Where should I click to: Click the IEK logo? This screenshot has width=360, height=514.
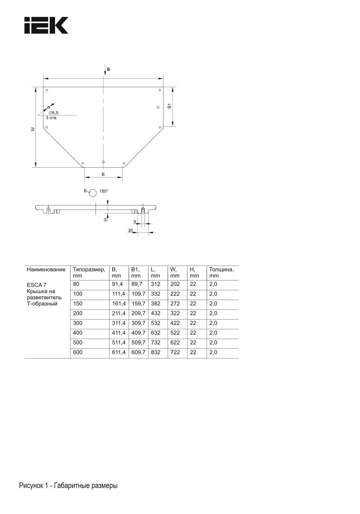tap(46, 25)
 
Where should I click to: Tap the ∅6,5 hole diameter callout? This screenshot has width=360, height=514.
tap(53, 113)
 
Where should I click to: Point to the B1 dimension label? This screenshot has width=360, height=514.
tap(169, 106)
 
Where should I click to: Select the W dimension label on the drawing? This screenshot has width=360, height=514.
tap(33, 129)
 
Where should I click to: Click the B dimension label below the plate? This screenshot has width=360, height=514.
tap(103, 175)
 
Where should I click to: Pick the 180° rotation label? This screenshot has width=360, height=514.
tap(104, 191)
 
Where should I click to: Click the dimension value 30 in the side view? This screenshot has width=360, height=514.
tap(130, 231)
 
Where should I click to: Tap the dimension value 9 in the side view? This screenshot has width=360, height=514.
tap(135, 222)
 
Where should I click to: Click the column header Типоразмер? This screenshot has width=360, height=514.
tap(89, 269)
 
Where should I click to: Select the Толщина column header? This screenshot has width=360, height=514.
tap(221, 269)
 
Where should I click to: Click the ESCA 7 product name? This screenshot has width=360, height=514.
tap(37, 285)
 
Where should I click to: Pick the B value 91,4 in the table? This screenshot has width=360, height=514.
tap(117, 284)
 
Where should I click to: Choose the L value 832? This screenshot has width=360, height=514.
tap(156, 352)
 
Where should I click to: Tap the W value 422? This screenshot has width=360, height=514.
tap(175, 323)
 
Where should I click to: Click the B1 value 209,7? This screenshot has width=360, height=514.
tap(138, 313)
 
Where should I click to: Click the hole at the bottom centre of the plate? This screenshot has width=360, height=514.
tap(103, 162)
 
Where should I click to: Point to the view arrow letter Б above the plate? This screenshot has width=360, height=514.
tap(109, 69)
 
